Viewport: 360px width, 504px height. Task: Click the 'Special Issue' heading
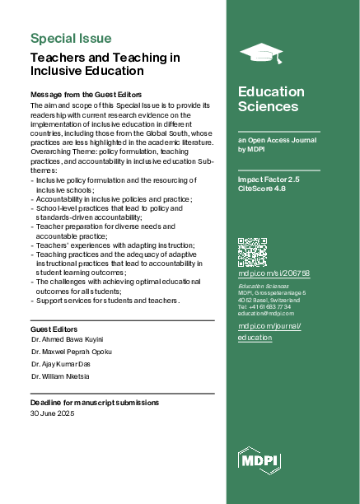point(71,38)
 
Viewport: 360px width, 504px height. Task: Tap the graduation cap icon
point(260,54)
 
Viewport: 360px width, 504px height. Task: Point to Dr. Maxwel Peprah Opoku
point(71,352)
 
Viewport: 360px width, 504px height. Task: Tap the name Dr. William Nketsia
point(60,376)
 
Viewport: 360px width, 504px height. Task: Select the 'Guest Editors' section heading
point(54,329)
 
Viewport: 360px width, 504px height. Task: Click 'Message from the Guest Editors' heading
point(86,96)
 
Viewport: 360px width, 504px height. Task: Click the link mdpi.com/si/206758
point(274,273)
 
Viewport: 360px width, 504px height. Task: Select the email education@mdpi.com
point(266,314)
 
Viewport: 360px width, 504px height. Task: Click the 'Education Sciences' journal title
point(268,99)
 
